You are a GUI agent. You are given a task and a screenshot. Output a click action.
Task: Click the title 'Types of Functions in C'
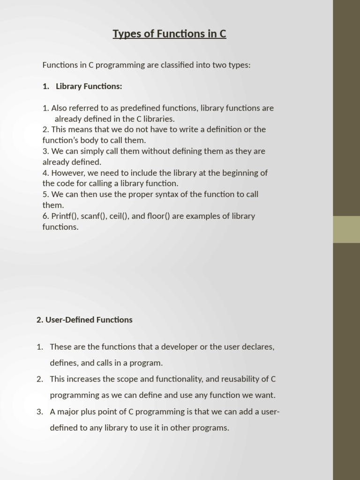tap(169, 34)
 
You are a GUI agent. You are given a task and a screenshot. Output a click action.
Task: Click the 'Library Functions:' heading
tap(89, 86)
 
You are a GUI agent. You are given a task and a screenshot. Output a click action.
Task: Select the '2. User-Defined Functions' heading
tap(84, 320)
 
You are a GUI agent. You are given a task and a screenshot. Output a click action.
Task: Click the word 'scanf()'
tap(94, 216)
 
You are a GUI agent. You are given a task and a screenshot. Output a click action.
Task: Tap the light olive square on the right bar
tap(346, 229)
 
